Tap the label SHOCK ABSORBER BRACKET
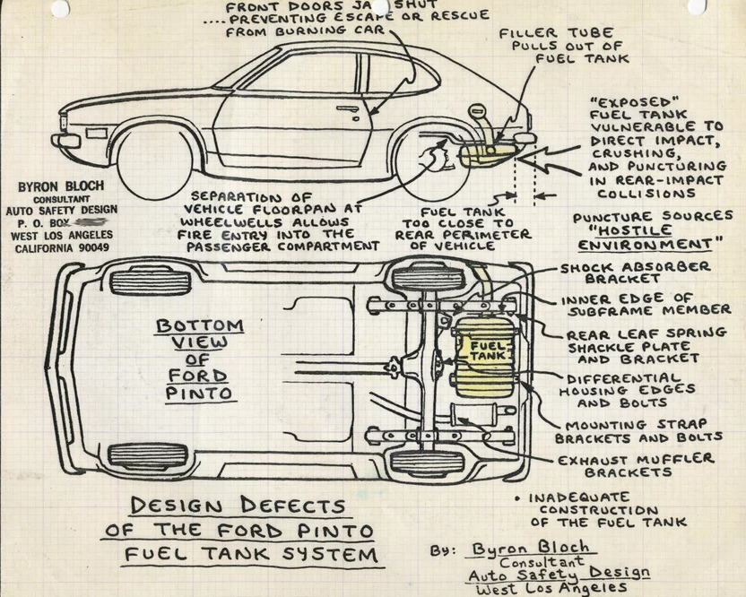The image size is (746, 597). click(635, 272)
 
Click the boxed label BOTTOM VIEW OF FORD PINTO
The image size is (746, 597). click(199, 359)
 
